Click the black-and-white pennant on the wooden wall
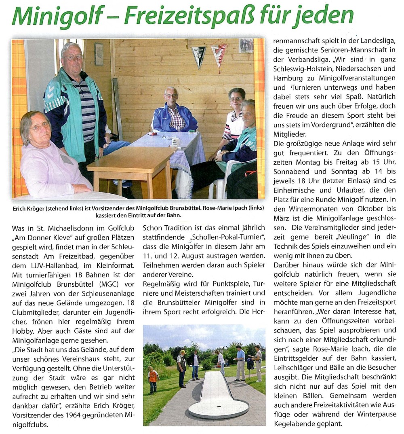(199, 55)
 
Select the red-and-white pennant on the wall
(219, 54)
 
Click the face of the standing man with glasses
(72, 56)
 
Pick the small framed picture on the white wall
(99, 53)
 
